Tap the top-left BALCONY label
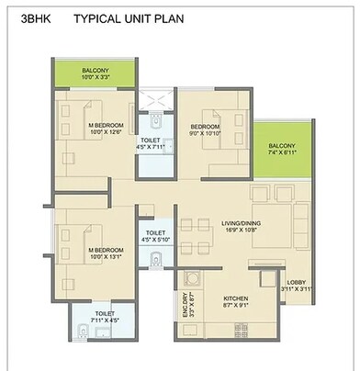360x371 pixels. click(x=96, y=71)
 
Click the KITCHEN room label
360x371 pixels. click(x=236, y=299)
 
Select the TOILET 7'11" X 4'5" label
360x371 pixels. click(x=104, y=317)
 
